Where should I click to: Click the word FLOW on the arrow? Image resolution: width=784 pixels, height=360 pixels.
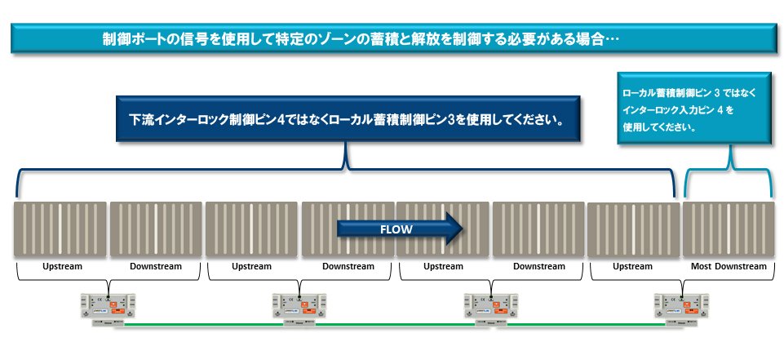pos(396,229)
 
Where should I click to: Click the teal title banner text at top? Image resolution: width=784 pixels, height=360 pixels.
pos(359,38)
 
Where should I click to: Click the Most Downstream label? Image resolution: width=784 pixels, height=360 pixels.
pos(728,266)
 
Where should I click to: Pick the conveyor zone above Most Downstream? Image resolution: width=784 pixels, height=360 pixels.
pos(728,229)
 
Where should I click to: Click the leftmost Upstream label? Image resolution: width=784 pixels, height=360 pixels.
pos(62,266)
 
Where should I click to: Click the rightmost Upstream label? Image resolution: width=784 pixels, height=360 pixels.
pos(632,266)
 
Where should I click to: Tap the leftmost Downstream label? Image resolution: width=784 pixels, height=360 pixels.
pos(156,266)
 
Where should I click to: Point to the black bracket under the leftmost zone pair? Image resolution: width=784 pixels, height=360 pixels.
pos(109,282)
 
